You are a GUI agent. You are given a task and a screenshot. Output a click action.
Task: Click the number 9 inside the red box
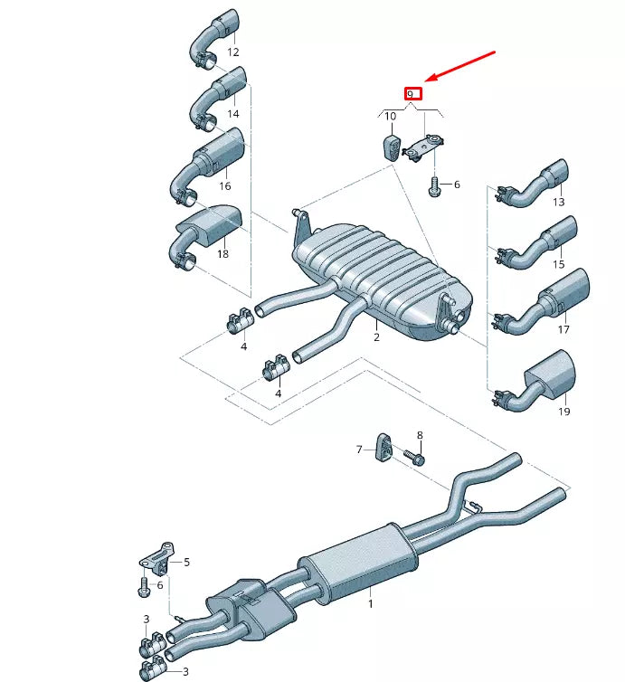(x=411, y=93)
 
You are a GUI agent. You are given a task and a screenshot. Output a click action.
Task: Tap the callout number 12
(x=233, y=52)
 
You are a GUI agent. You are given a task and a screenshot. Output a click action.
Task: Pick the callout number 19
(x=564, y=412)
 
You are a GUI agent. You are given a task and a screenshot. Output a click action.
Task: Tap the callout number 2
(x=376, y=336)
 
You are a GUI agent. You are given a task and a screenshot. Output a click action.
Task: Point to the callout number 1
(x=370, y=601)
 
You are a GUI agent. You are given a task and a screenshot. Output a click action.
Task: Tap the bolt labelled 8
(x=417, y=458)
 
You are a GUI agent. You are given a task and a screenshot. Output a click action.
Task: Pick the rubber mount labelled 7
(x=383, y=447)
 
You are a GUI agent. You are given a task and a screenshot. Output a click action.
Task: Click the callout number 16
(x=224, y=185)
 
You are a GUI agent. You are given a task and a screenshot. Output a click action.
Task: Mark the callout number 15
(x=558, y=264)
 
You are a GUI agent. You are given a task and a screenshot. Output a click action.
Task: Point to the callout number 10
(x=390, y=116)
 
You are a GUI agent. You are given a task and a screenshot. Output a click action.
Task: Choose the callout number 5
(x=186, y=562)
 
